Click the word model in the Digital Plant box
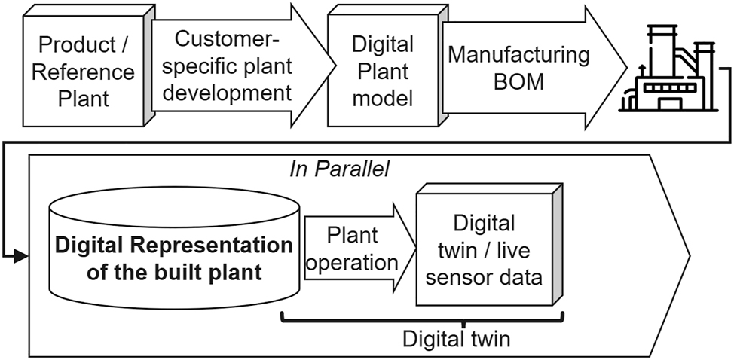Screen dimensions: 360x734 point(383,99)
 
